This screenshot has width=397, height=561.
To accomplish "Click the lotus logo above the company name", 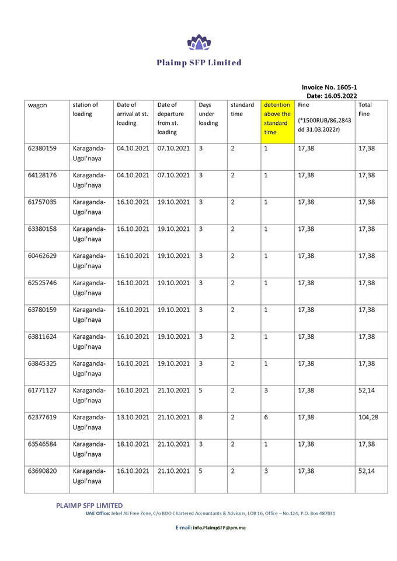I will (x=198, y=43).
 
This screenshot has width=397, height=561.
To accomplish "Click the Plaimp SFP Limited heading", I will (x=198, y=62).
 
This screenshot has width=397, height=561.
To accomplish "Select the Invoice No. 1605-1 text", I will (x=329, y=87).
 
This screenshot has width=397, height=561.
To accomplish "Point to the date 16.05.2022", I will (x=339, y=96).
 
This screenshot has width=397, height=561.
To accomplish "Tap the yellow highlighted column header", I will (x=277, y=118).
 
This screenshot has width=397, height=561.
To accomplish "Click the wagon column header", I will (x=37, y=105).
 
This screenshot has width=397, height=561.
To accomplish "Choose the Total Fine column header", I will (x=364, y=110).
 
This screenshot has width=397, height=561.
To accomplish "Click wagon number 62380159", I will (x=42, y=149).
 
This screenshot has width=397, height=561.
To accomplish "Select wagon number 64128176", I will (x=42, y=176).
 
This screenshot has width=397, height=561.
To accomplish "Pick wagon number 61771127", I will (x=42, y=390).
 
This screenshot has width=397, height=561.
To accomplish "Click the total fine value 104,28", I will (x=368, y=417).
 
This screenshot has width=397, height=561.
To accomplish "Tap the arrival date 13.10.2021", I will (x=133, y=417).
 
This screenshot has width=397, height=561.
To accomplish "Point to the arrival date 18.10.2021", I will (x=133, y=444).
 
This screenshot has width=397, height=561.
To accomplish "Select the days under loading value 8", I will (x=201, y=417).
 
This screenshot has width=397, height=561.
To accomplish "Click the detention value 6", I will (x=266, y=417).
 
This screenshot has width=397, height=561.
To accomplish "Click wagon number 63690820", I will (x=42, y=471).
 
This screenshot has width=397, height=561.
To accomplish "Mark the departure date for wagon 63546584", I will (x=173, y=444).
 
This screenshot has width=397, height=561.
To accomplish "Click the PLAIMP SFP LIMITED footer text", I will (x=89, y=505).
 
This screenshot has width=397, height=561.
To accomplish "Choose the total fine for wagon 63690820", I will (x=366, y=471).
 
